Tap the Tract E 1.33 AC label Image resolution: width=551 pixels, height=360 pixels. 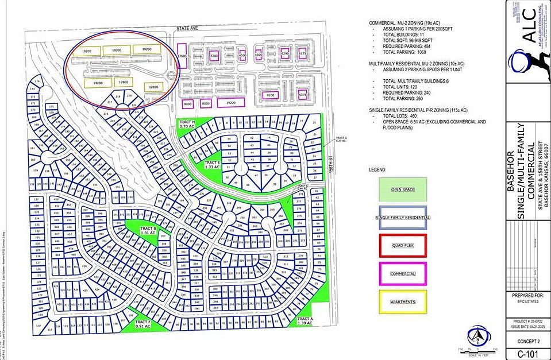213,165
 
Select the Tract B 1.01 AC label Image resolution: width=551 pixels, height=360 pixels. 148,231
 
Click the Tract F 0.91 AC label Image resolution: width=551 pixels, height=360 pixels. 142,324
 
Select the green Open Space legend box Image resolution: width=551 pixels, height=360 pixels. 403,189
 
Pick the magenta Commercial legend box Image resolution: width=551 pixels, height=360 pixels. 403,273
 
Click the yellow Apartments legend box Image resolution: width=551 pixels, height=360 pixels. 403,301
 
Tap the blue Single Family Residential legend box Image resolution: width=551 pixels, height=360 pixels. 403,218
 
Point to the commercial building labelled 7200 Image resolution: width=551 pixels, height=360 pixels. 214,56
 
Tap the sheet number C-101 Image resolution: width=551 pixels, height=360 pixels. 527,353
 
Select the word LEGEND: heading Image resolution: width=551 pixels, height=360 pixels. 378,170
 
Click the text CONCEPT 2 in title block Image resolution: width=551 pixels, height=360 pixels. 527,341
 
